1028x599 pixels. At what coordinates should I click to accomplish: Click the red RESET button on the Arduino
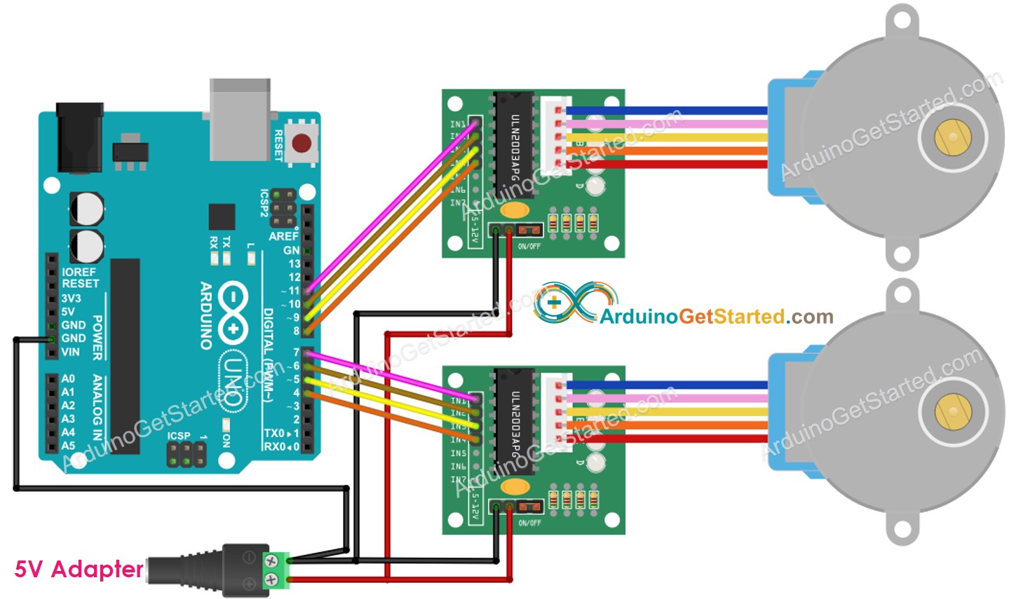coord(302,144)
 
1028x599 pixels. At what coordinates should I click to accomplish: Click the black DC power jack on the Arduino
coord(79,137)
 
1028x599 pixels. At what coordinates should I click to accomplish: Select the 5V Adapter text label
coord(79,569)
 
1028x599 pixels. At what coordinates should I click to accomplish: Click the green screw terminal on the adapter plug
coord(276,570)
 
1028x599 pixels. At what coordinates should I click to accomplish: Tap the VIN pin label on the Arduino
coord(70,352)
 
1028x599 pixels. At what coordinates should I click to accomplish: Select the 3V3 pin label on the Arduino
coord(71,298)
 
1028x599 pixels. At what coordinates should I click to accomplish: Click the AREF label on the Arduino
coord(283,236)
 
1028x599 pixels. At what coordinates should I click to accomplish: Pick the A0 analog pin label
coord(67,378)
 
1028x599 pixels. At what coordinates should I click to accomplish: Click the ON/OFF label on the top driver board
coord(529,246)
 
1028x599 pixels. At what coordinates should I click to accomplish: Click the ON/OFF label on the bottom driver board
coord(529,523)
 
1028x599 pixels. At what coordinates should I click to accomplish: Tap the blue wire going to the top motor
coord(666,111)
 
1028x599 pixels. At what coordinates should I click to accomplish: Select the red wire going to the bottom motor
coord(666,439)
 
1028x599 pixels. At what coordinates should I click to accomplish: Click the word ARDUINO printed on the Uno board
coord(206,315)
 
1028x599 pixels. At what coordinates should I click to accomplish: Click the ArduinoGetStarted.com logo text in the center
coord(715,317)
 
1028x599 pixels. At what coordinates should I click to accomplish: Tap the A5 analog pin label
coord(67,446)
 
